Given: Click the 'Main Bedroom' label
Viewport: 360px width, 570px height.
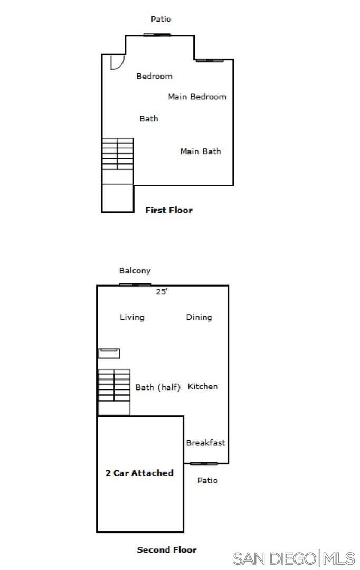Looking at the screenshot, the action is [197, 97].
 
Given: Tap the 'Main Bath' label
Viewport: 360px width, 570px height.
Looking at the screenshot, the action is [201, 151].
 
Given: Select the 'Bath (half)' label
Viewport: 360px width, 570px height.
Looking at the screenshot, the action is [158, 387].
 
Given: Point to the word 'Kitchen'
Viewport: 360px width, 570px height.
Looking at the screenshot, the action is [203, 386].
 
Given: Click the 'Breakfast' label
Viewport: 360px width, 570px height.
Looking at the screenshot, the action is [205, 443].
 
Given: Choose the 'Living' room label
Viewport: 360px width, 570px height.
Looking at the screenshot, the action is [132, 317].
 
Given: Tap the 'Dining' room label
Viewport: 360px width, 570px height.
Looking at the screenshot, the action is [199, 317].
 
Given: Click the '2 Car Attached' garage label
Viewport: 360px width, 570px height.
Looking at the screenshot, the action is [139, 473].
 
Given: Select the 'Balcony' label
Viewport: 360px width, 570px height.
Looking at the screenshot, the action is [135, 271].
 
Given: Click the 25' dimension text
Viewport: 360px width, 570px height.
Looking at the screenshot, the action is [162, 291].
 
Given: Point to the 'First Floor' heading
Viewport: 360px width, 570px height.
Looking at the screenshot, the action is [169, 210].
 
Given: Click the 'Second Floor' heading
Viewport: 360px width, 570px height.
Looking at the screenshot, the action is [167, 549].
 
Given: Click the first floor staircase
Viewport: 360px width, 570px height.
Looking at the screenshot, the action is [118, 161].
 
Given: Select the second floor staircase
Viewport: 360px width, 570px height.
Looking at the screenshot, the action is [114, 392].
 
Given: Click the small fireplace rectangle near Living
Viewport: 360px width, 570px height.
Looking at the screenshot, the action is [109, 353].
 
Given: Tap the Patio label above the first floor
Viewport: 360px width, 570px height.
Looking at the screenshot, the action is [161, 19].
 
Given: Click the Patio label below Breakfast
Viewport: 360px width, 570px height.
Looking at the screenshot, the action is [207, 481].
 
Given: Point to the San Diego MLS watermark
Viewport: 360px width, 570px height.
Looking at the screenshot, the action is [294, 558].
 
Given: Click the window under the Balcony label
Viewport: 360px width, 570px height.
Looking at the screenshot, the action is [135, 285].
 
